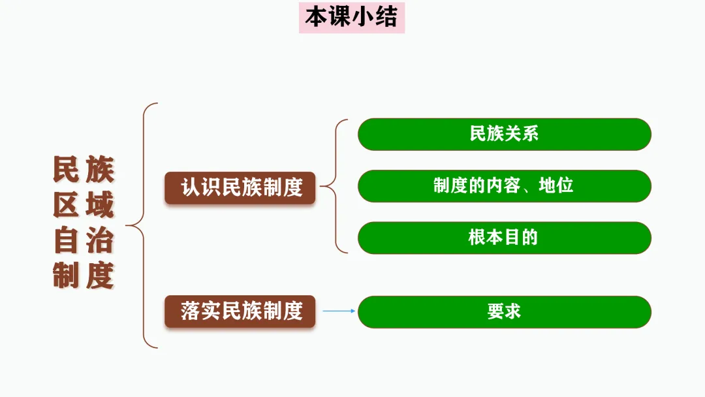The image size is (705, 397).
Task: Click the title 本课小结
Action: (x=351, y=18)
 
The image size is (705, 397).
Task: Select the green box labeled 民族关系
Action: (x=504, y=134)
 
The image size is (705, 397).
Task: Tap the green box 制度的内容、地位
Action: (x=504, y=185)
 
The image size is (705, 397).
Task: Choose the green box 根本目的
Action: (x=504, y=237)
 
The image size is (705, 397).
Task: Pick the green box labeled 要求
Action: (x=504, y=311)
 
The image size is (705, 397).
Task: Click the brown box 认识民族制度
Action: (x=240, y=188)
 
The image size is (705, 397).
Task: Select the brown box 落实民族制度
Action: (x=240, y=311)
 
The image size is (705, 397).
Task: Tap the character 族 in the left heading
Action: (x=100, y=170)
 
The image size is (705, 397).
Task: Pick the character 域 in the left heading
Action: (x=100, y=206)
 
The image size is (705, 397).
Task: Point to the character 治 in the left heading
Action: (x=100, y=241)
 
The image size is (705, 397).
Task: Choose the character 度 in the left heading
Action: (x=100, y=276)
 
